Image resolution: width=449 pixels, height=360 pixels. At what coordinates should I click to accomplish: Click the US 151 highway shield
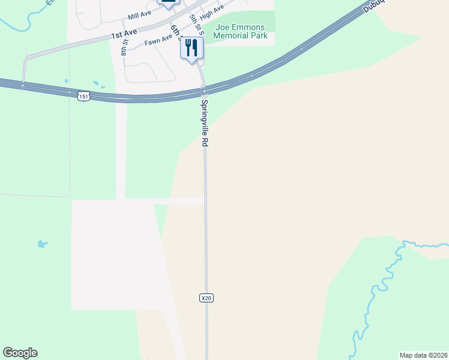click(x=83, y=95)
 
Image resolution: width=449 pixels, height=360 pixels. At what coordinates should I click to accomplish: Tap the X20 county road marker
click(x=206, y=298)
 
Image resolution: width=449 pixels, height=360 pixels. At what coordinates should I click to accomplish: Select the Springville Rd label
click(x=205, y=124)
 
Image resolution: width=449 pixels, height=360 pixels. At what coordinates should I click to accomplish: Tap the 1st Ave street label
click(x=124, y=34)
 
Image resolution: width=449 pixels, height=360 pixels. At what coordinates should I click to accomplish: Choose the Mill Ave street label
click(x=139, y=13)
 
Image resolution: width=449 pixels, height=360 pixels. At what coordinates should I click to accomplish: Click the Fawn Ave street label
click(x=158, y=42)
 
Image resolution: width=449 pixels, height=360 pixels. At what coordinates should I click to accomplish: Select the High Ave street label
click(x=212, y=8)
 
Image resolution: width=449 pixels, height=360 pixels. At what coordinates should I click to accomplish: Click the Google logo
click(x=20, y=353)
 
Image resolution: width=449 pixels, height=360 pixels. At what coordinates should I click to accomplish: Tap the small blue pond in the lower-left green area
click(x=41, y=244)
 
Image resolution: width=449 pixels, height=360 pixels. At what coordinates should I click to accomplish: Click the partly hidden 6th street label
click(x=175, y=30)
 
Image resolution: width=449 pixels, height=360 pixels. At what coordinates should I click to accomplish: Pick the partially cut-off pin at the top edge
click(x=168, y=3)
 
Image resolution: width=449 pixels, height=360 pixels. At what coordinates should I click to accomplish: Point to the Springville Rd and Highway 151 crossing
click(x=204, y=92)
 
